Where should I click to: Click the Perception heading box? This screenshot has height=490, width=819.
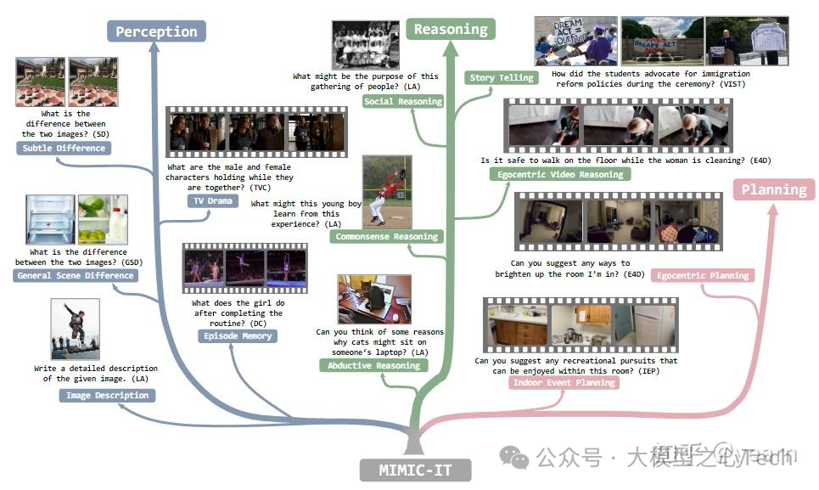click(156, 31)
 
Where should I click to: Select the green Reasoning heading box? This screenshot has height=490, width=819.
click(451, 29)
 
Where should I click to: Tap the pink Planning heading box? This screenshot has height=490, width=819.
click(773, 189)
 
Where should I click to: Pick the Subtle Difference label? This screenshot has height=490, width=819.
click(64, 148)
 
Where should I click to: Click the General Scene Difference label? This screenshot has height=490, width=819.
click(76, 275)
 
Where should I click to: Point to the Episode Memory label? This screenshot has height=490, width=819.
click(238, 335)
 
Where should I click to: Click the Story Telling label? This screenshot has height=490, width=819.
click(502, 77)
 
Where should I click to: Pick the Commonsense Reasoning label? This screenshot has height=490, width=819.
click(386, 236)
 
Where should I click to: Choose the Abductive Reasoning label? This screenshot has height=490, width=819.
click(374, 365)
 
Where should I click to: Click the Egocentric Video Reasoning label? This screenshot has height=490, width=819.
click(559, 174)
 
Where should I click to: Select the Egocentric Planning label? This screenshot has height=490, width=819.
click(704, 275)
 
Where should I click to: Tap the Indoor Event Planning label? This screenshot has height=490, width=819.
click(564, 382)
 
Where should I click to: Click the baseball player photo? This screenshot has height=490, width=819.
click(387, 192)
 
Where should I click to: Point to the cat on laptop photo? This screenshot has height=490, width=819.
click(374, 300)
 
